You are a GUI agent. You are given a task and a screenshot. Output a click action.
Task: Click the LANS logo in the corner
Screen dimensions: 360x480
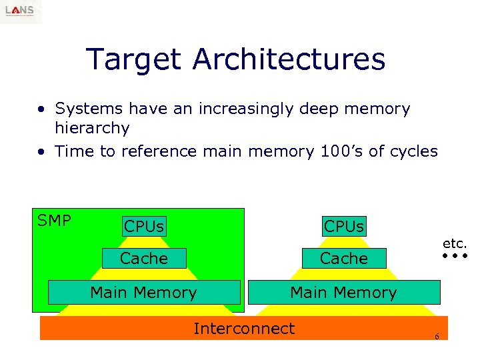point(21,11)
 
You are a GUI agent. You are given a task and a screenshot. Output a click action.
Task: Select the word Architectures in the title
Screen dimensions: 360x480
point(289,59)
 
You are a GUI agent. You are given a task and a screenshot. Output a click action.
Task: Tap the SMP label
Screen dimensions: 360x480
point(54,221)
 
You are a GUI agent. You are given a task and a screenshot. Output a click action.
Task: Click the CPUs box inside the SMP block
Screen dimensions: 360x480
point(143,227)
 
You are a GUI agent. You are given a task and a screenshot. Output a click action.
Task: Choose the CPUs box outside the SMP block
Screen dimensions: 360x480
point(343,226)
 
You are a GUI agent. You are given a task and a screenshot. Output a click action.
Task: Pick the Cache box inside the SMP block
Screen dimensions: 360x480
point(143,258)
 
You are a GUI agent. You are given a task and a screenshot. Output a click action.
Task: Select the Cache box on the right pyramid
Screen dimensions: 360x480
point(343,258)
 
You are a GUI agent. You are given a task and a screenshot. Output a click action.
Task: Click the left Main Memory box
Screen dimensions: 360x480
point(143,292)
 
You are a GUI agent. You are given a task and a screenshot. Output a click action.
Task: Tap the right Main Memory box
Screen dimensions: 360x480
point(343,292)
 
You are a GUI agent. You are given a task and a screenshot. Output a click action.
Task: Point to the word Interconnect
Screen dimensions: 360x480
point(243,328)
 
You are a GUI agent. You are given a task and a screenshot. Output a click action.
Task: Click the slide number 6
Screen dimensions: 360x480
point(437,337)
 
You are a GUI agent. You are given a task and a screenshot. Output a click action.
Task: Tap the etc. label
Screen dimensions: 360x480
point(455,244)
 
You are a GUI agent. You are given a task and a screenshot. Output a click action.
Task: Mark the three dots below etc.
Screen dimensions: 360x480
point(455,256)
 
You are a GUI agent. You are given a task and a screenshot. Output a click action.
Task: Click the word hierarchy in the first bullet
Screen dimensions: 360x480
point(92,127)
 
